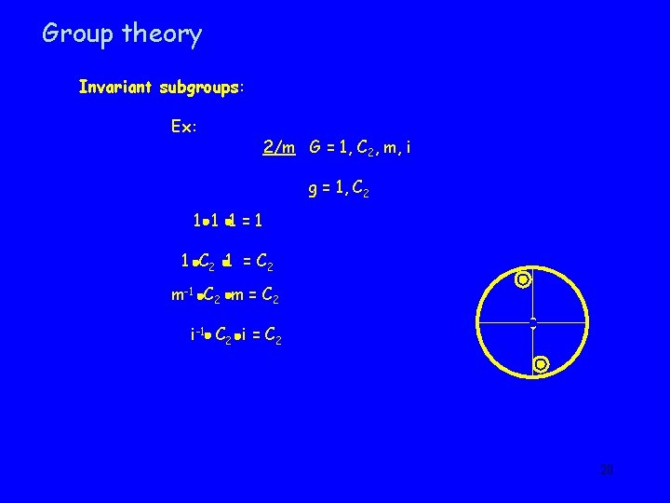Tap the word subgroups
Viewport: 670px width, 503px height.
pos(200,88)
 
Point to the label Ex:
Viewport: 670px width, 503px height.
pos(183,126)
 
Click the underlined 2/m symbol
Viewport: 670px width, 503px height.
pos(278,147)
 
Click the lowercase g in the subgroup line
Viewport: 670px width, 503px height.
pos(314,194)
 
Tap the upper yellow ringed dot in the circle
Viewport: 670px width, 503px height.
pos(524,279)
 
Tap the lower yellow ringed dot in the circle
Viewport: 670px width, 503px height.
pos(541,364)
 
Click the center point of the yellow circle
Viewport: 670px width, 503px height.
pos(532,322)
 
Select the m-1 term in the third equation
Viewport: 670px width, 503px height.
pos(182,295)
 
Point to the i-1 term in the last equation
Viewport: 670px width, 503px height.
pos(197,333)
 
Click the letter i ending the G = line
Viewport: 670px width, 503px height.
pos(407,147)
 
